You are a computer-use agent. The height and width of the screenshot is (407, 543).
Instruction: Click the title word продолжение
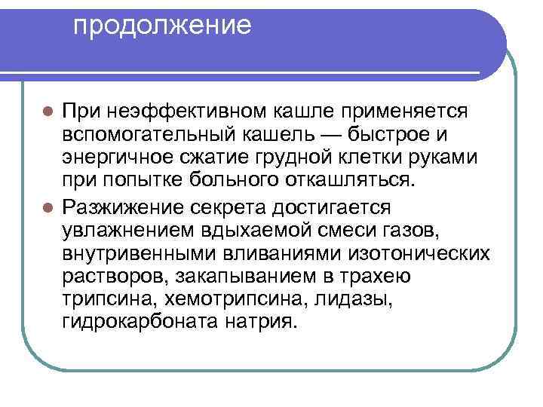click(x=162, y=26)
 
